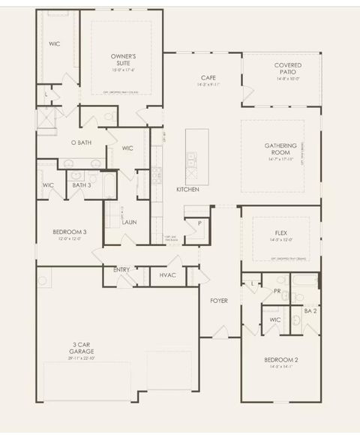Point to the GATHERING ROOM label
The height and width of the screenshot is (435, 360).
tap(281, 149)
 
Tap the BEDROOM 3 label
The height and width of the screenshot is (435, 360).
tap(69, 232)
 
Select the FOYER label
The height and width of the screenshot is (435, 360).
tap(218, 301)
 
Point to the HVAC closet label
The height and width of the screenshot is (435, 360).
tap(168, 275)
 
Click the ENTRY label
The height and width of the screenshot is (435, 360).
tap(121, 269)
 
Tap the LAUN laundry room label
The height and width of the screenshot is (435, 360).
tap(129, 222)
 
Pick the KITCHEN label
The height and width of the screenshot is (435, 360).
tap(187, 190)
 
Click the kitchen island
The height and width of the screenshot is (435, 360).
tap(197, 156)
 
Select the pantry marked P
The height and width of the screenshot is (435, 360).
tap(199, 223)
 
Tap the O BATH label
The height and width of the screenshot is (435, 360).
tap(81, 142)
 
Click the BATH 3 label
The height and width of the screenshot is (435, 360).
tap(81, 184)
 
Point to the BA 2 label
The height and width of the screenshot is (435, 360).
tap(309, 310)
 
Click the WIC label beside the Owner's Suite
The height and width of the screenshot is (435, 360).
tap(54, 44)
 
